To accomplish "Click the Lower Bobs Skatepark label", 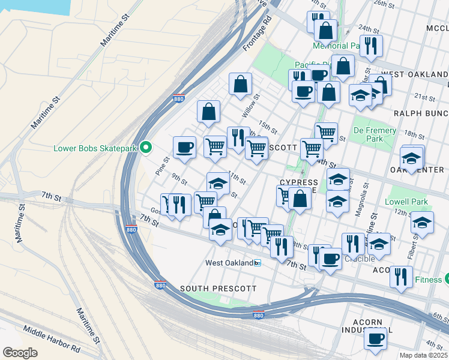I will click(95, 148).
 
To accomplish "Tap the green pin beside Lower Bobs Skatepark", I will click(145, 148).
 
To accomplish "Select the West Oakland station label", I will click(229, 263).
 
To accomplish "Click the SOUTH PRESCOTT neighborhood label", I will click(218, 289).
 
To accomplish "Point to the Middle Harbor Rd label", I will click(52, 339).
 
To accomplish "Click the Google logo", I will click(20, 353).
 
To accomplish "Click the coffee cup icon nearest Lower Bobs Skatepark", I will click(184, 147).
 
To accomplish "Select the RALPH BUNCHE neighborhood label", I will click(420, 113).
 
